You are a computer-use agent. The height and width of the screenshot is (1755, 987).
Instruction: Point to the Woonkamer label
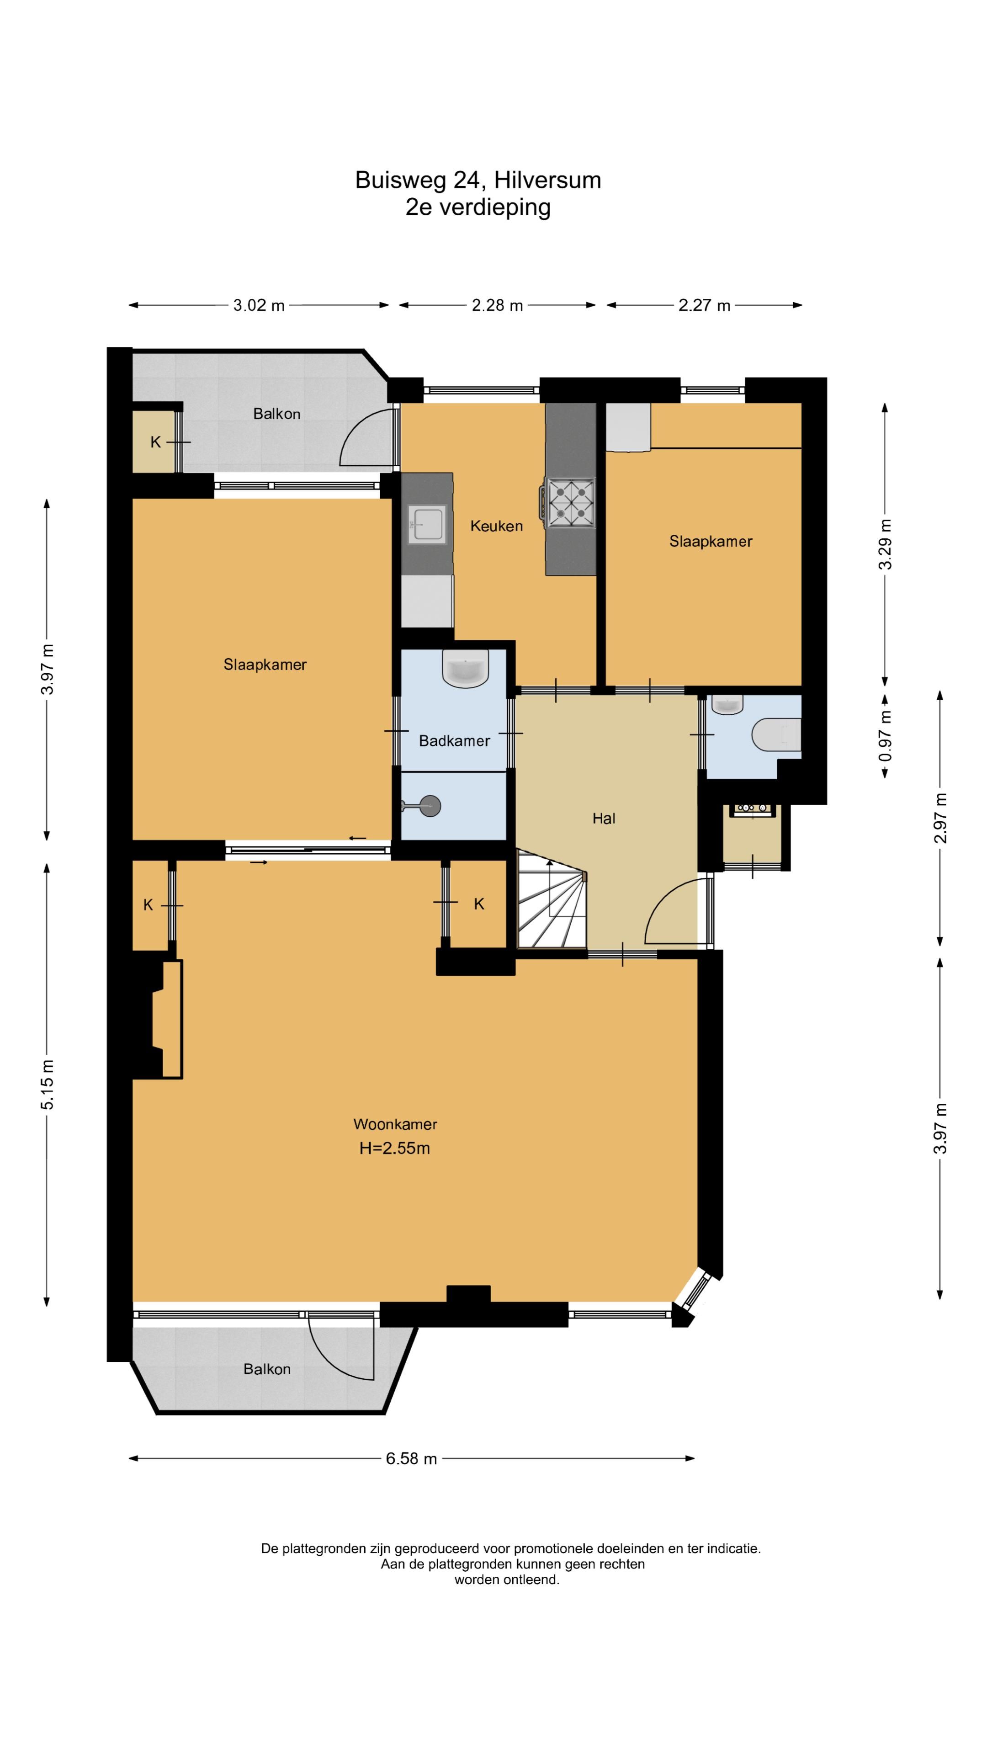pyautogui.click(x=395, y=1124)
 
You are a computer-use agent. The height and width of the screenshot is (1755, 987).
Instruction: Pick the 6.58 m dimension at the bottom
pyautogui.click(x=411, y=1459)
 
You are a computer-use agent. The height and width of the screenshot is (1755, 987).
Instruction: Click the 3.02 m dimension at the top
pyautogui.click(x=259, y=305)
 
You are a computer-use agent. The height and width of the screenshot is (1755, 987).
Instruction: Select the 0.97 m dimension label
pyautogui.click(x=885, y=736)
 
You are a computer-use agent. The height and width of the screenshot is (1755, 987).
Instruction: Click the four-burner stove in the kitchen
pyautogui.click(x=569, y=503)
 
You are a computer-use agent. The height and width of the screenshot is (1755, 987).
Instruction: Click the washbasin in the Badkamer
pyautogui.click(x=465, y=668)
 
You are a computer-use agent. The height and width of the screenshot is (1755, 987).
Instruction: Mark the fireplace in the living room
pyautogui.click(x=157, y=1019)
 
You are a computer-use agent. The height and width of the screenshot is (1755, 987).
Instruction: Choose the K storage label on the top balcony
pyautogui.click(x=155, y=442)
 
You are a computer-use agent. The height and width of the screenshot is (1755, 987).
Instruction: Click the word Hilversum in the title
pyautogui.click(x=548, y=180)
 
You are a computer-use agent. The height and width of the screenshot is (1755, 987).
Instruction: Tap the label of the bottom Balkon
pyautogui.click(x=267, y=1369)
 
